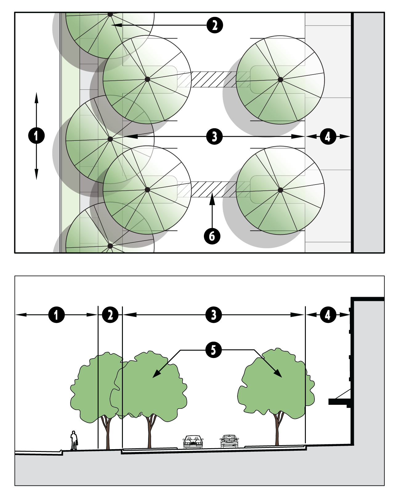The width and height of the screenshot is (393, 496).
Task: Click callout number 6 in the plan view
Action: coord(212,236)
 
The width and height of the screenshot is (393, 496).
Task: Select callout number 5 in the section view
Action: coord(213,350)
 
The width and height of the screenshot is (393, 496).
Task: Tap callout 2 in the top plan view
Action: coord(214,25)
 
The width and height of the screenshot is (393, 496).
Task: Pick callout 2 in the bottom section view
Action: coord(110,315)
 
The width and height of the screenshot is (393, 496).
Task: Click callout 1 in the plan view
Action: coord(36,136)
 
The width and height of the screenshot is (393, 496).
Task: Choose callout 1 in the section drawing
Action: coord(57,315)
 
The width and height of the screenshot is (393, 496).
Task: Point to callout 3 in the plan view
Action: coord(214,136)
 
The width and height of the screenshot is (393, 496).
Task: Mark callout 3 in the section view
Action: coord(213,315)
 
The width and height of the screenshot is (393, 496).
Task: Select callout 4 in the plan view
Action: coord(328,136)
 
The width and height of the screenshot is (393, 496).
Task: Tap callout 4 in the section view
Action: coord(328,315)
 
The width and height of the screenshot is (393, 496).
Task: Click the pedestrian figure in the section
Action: coord(74,440)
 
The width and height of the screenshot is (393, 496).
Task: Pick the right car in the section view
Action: coord(229,441)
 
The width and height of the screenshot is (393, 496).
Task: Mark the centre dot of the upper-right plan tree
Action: coord(280,79)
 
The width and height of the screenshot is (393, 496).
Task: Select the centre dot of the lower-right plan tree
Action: coord(280,190)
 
